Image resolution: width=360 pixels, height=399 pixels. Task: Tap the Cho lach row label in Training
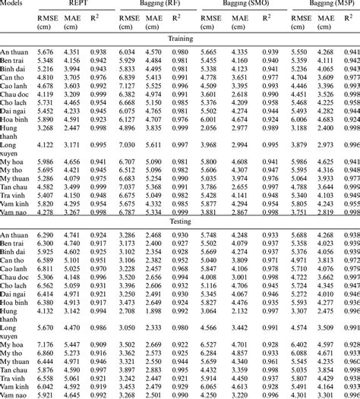point(15,102)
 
